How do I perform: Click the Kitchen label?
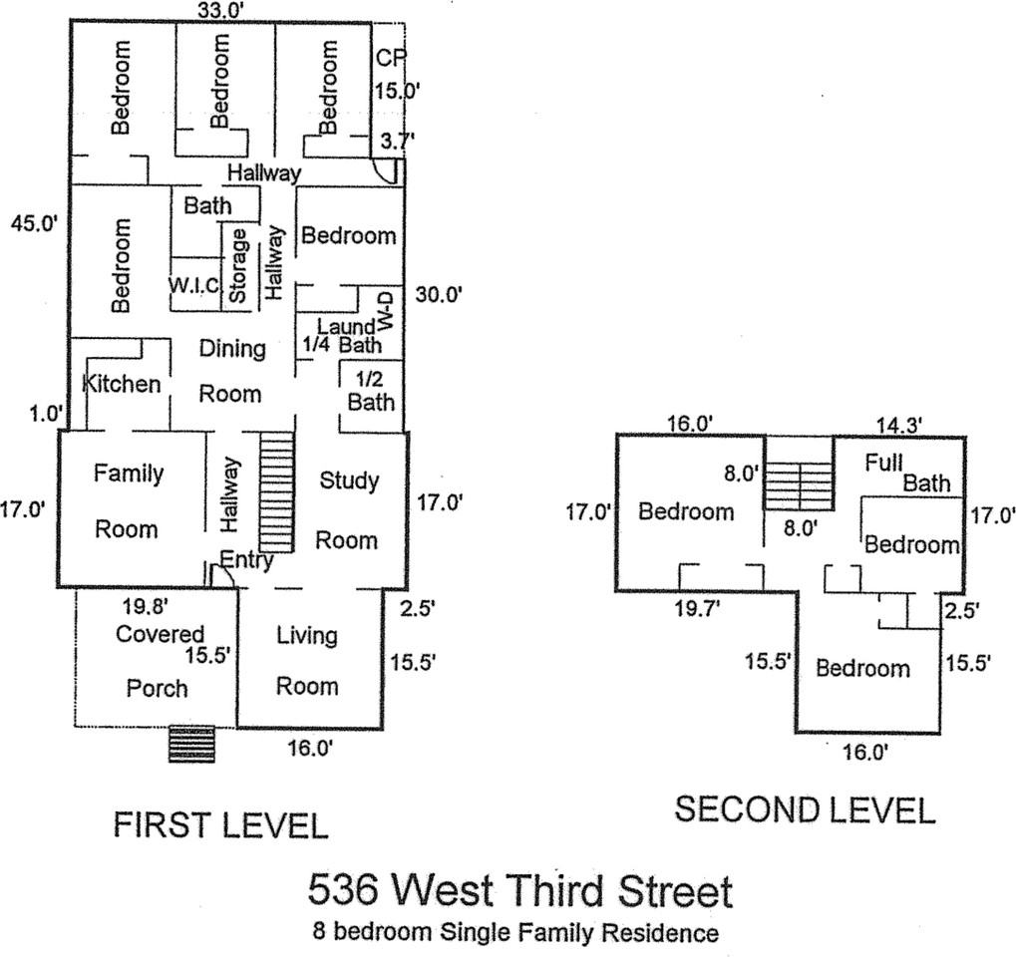tap(121, 384)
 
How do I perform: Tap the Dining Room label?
tap(231, 371)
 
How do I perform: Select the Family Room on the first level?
tap(128, 500)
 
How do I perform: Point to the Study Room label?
tap(348, 510)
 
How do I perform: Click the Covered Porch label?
tap(159, 660)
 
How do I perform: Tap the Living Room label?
tap(307, 660)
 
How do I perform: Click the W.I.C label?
tap(193, 285)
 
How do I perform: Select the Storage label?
tap(237, 266)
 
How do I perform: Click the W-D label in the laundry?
tap(386, 311)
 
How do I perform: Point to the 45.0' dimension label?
tap(34, 222)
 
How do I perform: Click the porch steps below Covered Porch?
tap(191, 744)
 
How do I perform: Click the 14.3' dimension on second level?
tap(898, 424)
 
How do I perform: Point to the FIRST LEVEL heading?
tap(220, 825)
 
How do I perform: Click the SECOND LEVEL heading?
tap(805, 810)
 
